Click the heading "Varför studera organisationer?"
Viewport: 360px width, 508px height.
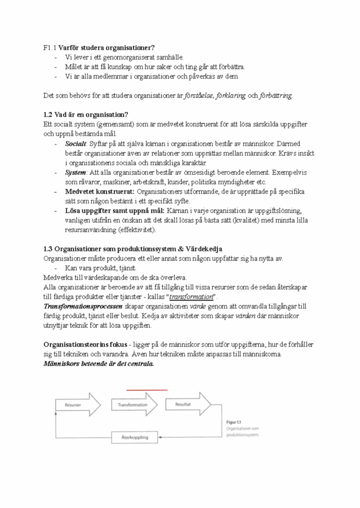(x=106, y=48)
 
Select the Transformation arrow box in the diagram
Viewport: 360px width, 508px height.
(x=133, y=405)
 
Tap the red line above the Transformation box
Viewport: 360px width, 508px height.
(x=146, y=390)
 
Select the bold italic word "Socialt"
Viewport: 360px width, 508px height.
(x=75, y=144)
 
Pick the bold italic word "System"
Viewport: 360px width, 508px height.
(x=75, y=173)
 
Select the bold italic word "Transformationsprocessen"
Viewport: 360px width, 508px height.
(x=83, y=307)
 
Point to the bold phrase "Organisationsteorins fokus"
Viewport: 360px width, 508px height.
(x=85, y=345)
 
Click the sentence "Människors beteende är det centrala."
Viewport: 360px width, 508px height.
(x=99, y=364)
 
